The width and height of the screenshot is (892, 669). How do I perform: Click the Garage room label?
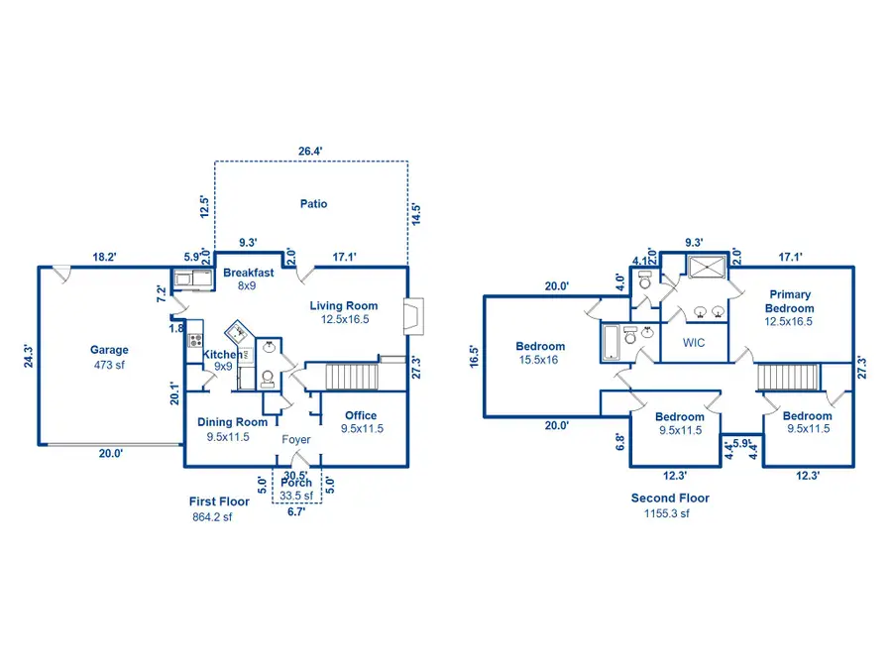pos(109,350)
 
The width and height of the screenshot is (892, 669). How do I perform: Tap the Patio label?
pos(313,204)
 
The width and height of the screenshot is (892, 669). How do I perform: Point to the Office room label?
pos(361,415)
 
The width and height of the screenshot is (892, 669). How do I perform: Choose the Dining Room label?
pos(232,422)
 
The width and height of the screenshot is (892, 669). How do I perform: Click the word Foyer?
pos(296,439)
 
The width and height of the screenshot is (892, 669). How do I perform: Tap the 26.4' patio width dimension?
pos(311,152)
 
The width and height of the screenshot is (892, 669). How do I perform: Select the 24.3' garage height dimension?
pos(27,357)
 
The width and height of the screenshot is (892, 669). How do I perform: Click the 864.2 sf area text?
pos(212,517)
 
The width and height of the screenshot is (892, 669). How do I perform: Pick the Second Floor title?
pos(670,499)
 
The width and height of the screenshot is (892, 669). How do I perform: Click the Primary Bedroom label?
pos(789,301)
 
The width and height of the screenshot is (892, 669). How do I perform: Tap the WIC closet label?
pos(694,343)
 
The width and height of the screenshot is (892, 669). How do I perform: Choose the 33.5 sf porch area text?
pos(295,497)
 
